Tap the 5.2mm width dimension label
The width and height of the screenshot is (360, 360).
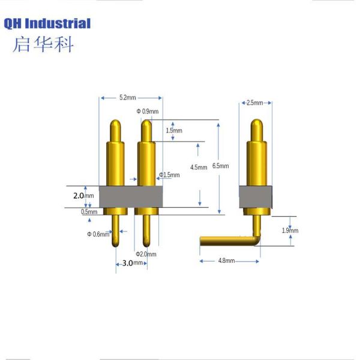[x=127, y=97]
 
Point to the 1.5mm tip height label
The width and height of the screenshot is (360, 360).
[x=174, y=130]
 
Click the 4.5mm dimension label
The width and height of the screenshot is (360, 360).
[x=199, y=167]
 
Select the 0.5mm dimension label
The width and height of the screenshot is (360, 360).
[x=88, y=211]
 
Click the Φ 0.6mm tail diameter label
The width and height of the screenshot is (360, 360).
[x=98, y=234]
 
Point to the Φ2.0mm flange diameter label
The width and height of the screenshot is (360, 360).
[x=146, y=254]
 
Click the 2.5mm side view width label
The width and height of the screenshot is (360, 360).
[x=255, y=103]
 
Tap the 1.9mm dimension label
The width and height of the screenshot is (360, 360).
[x=290, y=230]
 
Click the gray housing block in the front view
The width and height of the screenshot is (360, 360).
[x=130, y=196]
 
